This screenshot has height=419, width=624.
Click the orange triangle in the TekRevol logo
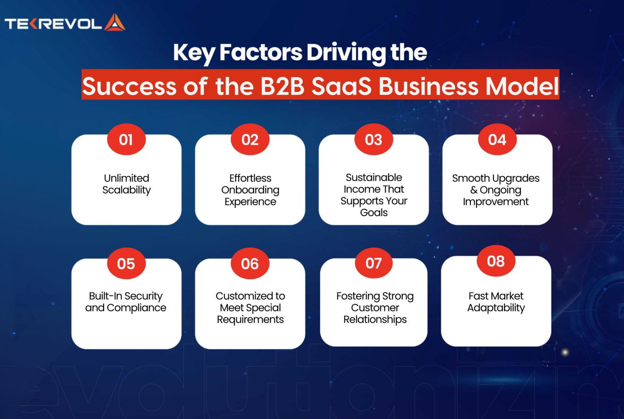pos(115,23)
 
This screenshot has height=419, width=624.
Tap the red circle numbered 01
pos(126,140)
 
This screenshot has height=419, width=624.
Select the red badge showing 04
pos(497,140)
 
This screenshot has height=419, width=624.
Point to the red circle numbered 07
pos(373,263)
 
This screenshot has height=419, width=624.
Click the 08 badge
pos(496,261)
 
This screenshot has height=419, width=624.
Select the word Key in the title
pos(193,53)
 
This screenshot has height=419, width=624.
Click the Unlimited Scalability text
pos(126,184)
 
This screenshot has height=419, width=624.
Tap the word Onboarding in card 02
pos(250,190)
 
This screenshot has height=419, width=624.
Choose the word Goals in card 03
pos(374,213)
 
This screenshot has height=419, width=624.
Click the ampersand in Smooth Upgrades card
pos(474,190)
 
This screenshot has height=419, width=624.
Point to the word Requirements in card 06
pos(250,319)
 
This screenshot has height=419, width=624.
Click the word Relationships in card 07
pos(375,319)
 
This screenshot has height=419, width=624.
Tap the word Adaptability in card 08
pos(496,308)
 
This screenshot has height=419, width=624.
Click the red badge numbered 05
pos(126,264)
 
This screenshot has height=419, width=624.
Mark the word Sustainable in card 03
pos(374,178)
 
